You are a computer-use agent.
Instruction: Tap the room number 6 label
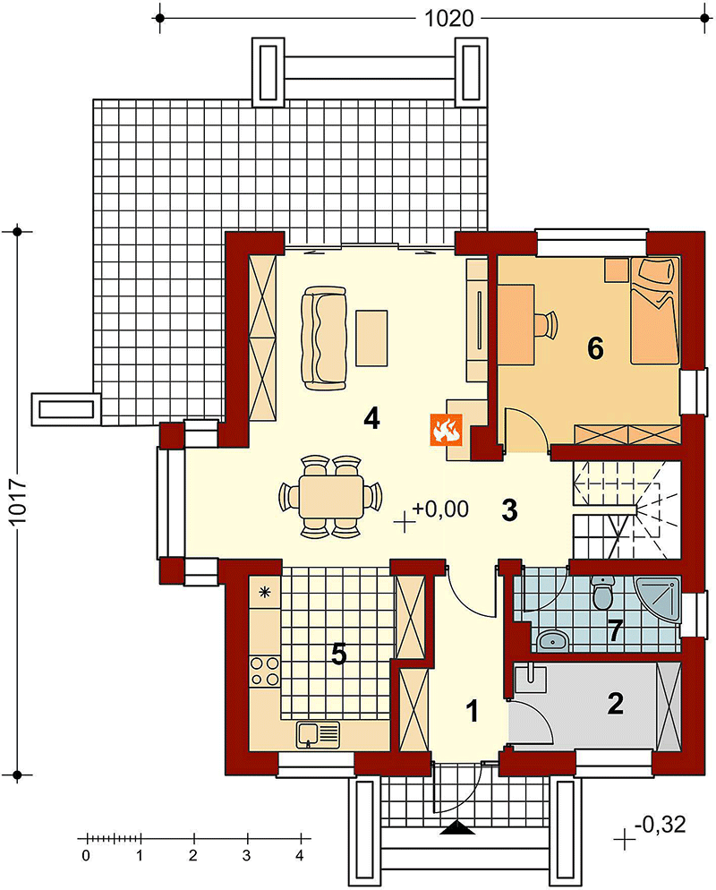[x=595, y=348]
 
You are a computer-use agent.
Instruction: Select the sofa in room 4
[x=324, y=338]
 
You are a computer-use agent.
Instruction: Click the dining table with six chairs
[x=331, y=495]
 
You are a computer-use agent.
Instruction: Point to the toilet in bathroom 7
[x=602, y=593]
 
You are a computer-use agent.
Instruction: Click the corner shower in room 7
[x=658, y=601]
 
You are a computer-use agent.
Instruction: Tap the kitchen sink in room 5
[x=317, y=734]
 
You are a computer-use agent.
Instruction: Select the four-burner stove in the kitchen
[x=264, y=671]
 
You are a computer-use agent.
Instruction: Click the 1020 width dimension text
[x=448, y=19]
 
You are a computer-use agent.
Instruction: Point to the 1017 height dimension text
[x=19, y=504]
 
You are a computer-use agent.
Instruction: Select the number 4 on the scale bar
[x=300, y=855]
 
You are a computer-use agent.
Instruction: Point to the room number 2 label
[x=616, y=703]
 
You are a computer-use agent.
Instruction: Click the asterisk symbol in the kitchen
[x=264, y=593]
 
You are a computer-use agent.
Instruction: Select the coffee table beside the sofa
[x=371, y=338]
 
